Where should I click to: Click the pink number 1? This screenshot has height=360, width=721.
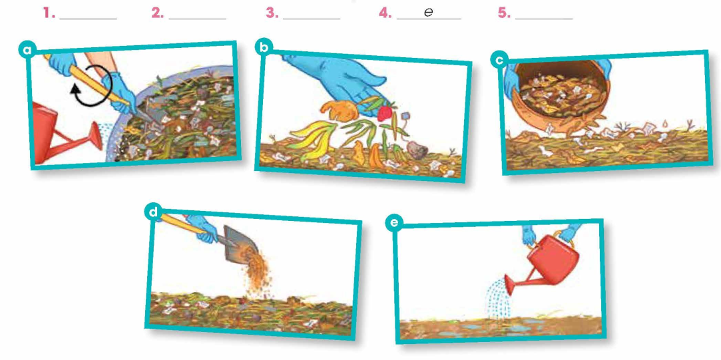point(48,13)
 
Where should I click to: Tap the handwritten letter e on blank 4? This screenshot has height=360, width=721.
point(429,13)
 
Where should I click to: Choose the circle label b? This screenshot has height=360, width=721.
point(264,47)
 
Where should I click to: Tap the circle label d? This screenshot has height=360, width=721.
point(153,212)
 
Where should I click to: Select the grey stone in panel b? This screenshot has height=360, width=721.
point(417,150)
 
